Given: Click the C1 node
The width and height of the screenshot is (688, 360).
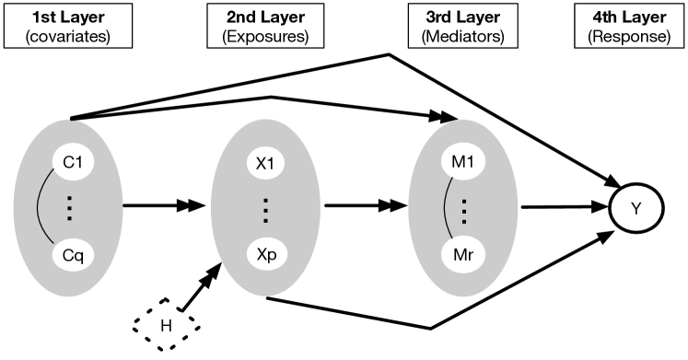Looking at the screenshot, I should point(71,162).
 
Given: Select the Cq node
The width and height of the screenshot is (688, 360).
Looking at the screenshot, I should point(71,251).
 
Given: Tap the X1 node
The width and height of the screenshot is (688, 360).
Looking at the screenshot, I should point(266,162).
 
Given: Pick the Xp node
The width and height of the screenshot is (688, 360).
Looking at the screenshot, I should point(266,251).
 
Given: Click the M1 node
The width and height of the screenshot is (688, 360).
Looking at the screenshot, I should point(463,162).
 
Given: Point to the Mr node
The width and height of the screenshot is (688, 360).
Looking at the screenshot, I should point(463,251).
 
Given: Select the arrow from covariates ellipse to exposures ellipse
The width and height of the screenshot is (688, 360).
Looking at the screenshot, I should point(162,207).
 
